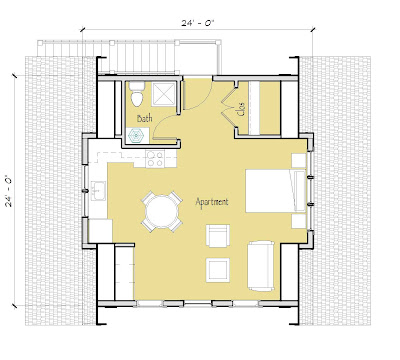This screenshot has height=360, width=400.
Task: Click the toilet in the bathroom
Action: (x=137, y=94)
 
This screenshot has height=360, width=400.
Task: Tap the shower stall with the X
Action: (x=163, y=94)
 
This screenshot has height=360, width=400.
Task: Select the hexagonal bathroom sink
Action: (x=136, y=136)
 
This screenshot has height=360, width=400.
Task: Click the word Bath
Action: (x=145, y=118)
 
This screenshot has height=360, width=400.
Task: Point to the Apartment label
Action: (x=212, y=202)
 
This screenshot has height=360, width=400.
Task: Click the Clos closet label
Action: (x=242, y=109)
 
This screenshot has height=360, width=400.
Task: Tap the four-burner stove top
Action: (x=155, y=159)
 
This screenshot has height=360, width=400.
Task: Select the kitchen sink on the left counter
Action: (x=98, y=191)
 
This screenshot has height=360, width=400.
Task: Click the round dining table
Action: (x=162, y=211)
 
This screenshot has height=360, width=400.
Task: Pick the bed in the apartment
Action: (x=276, y=191)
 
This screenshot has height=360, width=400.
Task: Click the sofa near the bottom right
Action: (x=261, y=266)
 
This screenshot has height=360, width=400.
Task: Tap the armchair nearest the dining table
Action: (x=218, y=235)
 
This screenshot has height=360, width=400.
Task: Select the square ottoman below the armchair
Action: (x=218, y=270)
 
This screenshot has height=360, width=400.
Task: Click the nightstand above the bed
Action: (x=299, y=160)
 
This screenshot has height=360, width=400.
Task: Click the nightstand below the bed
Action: (x=299, y=221)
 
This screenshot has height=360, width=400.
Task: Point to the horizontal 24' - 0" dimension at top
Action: (x=197, y=23)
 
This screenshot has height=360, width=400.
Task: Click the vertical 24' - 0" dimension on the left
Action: (x=9, y=191)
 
